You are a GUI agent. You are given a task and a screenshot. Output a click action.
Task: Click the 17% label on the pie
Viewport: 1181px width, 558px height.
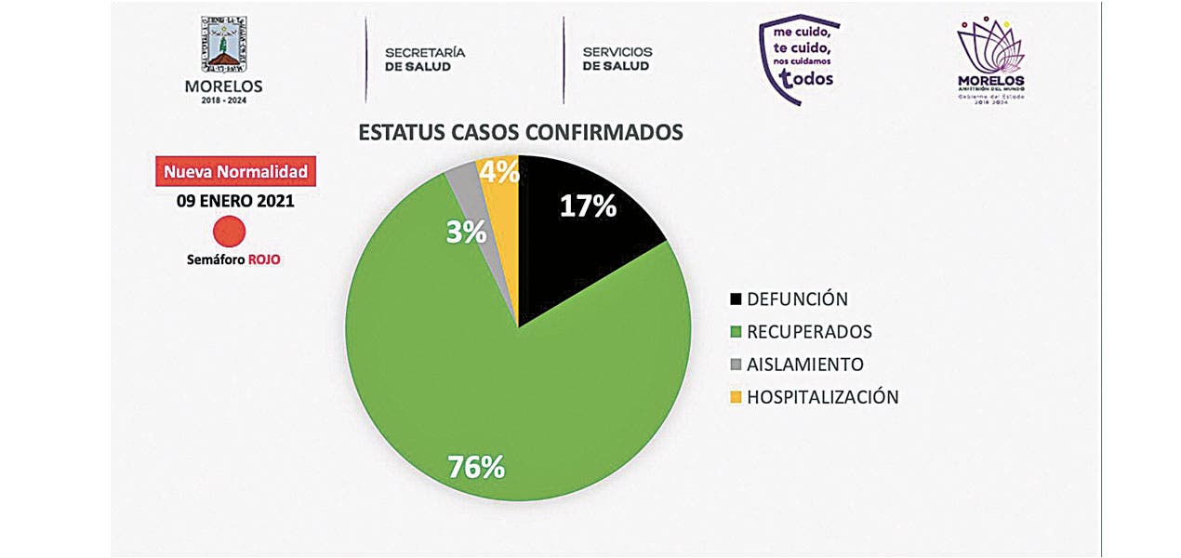(588, 206)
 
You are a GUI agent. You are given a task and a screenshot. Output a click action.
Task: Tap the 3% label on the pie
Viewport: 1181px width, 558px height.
(466, 231)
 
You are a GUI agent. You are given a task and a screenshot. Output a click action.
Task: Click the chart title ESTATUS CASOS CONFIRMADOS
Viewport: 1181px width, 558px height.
(521, 132)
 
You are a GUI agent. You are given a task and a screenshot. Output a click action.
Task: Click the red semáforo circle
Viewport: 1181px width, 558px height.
(229, 231)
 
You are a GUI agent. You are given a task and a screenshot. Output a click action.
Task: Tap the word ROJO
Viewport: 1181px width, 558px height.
(264, 260)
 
